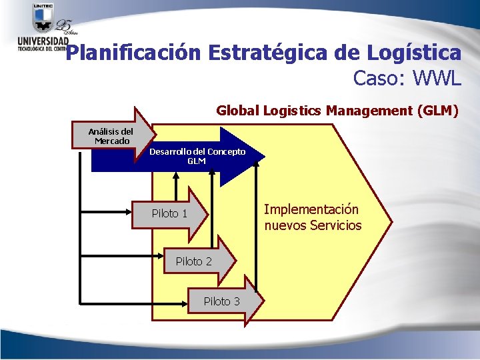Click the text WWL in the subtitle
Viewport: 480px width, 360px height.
tap(437, 79)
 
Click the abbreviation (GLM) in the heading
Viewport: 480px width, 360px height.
tap(437, 111)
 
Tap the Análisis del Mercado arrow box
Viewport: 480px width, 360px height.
tap(112, 136)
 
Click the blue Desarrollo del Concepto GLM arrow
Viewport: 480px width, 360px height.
tap(197, 157)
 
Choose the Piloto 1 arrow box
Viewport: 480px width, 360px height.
tap(171, 213)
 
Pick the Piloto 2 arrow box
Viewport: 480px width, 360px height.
tap(195, 261)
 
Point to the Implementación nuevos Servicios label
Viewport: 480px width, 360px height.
tap(312, 217)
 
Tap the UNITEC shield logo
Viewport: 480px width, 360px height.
tap(43, 18)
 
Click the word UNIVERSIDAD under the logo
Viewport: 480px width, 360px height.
tap(42, 42)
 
